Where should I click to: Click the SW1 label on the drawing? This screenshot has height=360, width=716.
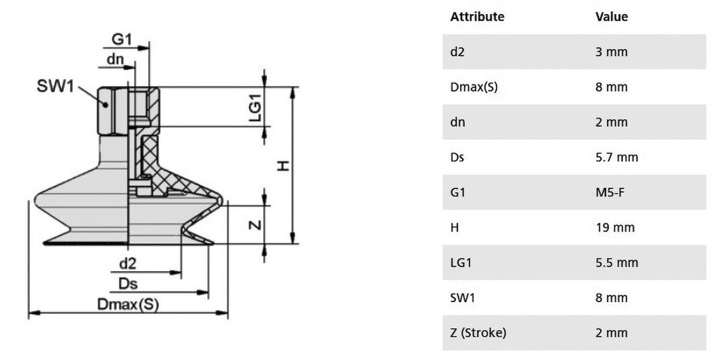tap(55, 85)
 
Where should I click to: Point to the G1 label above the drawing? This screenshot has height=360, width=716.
tap(122, 39)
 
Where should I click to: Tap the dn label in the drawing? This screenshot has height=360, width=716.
tap(115, 59)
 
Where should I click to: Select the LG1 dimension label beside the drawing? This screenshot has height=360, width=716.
tap(256, 108)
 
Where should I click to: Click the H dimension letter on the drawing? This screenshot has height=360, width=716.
tap(284, 165)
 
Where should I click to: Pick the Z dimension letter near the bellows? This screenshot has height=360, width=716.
tap(256, 224)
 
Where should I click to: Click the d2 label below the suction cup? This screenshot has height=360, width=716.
tap(127, 264)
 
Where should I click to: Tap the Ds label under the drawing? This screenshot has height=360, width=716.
tap(128, 284)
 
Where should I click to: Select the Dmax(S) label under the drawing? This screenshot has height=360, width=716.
tap(128, 304)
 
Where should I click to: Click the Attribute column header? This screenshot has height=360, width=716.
tap(477, 16)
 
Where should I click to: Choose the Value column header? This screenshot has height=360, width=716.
tap(611, 16)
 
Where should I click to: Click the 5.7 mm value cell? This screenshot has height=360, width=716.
tap(617, 157)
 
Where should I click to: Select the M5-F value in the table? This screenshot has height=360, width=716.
tap(610, 192)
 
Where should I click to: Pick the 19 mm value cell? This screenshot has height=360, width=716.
tap(615, 228)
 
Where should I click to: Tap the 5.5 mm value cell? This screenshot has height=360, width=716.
tap(617, 263)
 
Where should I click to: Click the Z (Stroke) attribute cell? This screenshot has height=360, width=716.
tap(478, 333)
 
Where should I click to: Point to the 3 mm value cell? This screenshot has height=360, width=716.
tap(611, 52)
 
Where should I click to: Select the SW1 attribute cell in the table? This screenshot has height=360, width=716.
tap(463, 298)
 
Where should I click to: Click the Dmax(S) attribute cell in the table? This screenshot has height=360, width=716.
tap(474, 87)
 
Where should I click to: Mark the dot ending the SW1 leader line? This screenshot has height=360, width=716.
tap(106, 104)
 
